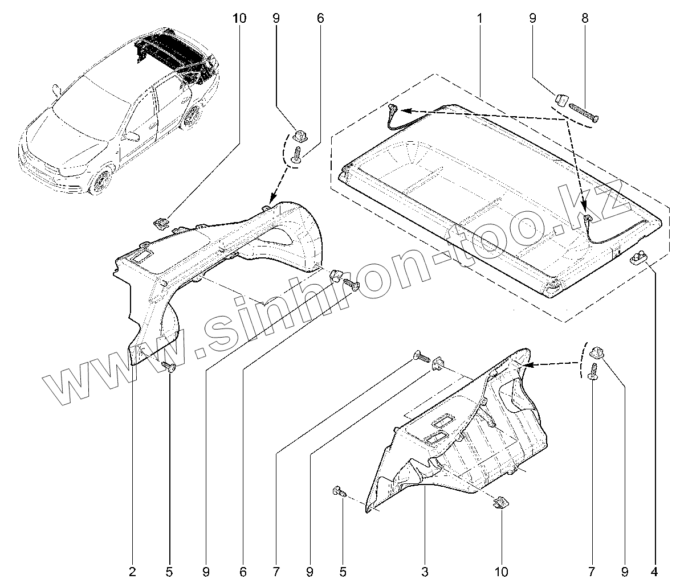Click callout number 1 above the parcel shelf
pyautogui.click(x=479, y=18)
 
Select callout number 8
pyautogui.click(x=585, y=18)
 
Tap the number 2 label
pyautogui.click(x=133, y=571)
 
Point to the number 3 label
pyautogui.click(x=425, y=571)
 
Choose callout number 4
pyautogui.click(x=654, y=571)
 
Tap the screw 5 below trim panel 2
pyautogui.click(x=169, y=366)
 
